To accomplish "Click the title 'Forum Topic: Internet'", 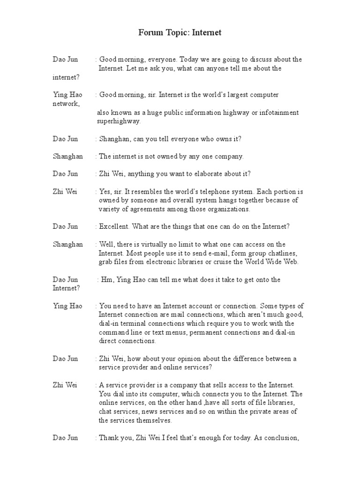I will (x=180, y=33).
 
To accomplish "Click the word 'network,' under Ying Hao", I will (x=66, y=103).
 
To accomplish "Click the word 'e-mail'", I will (x=206, y=253).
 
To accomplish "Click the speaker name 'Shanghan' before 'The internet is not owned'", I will (x=67, y=157).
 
